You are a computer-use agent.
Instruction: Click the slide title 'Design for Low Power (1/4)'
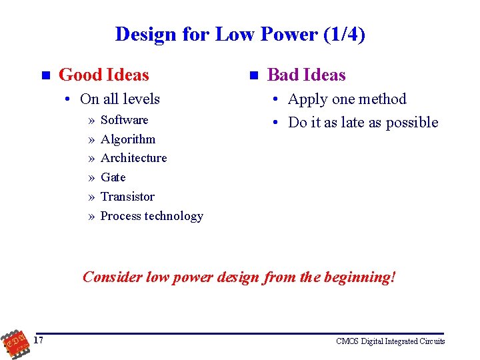(240, 34)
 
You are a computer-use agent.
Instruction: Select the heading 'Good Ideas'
(104, 75)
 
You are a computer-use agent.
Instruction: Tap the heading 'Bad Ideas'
(306, 75)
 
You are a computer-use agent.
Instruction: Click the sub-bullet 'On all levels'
(119, 99)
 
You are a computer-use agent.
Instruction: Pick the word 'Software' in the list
(124, 120)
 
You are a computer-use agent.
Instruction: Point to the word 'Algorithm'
(127, 139)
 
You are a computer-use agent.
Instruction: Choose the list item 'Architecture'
(133, 158)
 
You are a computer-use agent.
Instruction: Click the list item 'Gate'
(113, 177)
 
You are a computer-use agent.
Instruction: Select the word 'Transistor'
(127, 197)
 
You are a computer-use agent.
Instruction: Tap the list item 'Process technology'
(151, 216)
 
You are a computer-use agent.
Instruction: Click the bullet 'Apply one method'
(347, 99)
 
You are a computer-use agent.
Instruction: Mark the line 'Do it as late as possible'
(363, 123)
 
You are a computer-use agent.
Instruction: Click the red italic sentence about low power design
(239, 277)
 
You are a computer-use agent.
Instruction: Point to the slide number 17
(39, 341)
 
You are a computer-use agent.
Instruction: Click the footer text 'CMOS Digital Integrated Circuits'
(390, 341)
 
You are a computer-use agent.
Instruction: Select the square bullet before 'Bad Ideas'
(253, 75)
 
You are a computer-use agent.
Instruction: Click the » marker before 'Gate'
(91, 178)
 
